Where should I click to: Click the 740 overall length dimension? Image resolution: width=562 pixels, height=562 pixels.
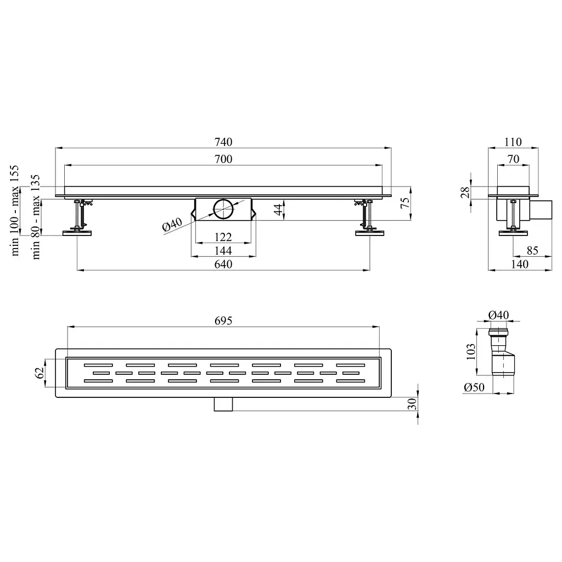(x=223, y=142)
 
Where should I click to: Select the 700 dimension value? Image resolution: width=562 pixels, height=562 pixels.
(x=223, y=159)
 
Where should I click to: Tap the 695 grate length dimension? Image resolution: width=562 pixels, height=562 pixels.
(x=223, y=321)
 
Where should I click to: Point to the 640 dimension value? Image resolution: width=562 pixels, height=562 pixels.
(x=223, y=264)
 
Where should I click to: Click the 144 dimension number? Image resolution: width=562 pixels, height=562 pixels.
(x=223, y=250)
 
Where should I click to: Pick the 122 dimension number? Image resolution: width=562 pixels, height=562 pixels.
(x=223, y=237)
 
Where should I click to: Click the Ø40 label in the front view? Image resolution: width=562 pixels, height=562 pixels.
(x=172, y=224)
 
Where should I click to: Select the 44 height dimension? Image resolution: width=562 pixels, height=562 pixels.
(x=278, y=210)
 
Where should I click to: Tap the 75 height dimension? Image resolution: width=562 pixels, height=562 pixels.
(x=404, y=203)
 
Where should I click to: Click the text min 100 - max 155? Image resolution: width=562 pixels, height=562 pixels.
(x=14, y=210)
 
